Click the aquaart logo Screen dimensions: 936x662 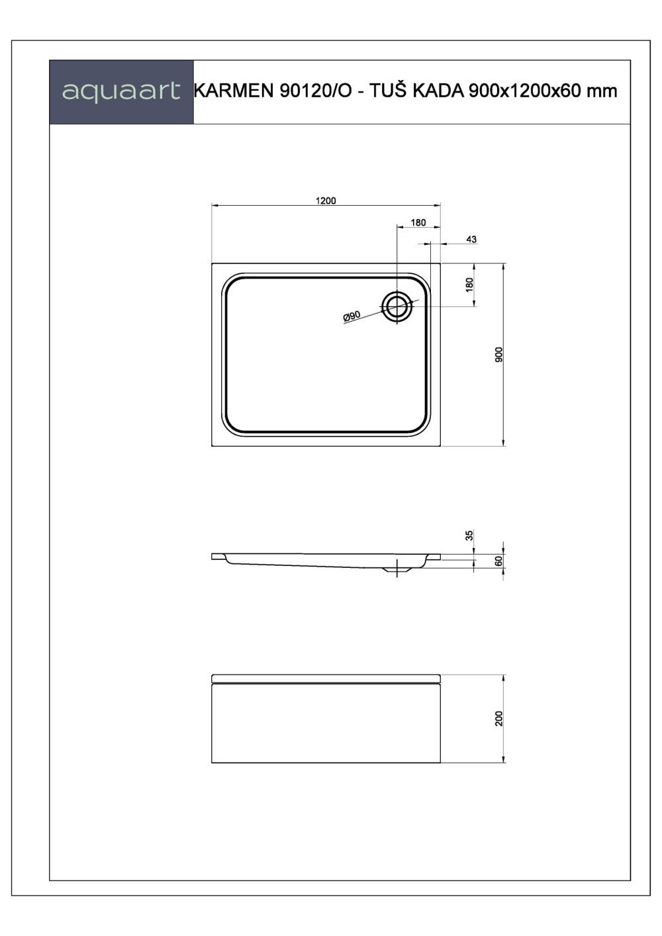(x=121, y=91)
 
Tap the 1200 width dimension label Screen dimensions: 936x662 (x=326, y=201)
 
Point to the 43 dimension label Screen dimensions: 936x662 (x=471, y=239)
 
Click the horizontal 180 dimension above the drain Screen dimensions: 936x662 (x=418, y=222)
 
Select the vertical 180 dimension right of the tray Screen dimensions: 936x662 (x=469, y=285)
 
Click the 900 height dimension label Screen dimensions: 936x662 (x=498, y=355)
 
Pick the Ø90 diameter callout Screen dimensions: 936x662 (x=352, y=317)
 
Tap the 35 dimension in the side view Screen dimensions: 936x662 (x=469, y=536)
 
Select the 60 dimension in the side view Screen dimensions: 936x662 (x=499, y=561)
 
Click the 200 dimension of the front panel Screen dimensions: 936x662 (x=499, y=718)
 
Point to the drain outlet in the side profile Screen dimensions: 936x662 (x=397, y=570)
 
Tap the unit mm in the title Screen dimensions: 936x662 (x=602, y=91)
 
